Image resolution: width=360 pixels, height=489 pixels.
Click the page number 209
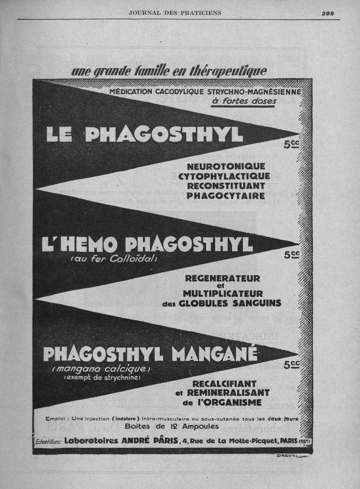[328, 13]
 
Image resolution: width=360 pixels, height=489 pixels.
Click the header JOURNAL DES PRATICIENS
[175, 13]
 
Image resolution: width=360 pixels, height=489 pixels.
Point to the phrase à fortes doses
[243, 101]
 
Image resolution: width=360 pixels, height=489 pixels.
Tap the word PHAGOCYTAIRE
[225, 196]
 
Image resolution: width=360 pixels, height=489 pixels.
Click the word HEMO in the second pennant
[89, 244]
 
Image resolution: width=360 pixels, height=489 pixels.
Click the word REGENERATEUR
[223, 278]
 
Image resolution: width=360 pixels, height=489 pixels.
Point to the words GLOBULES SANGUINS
[230, 303]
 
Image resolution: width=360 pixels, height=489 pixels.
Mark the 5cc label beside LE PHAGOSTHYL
[292, 145]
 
